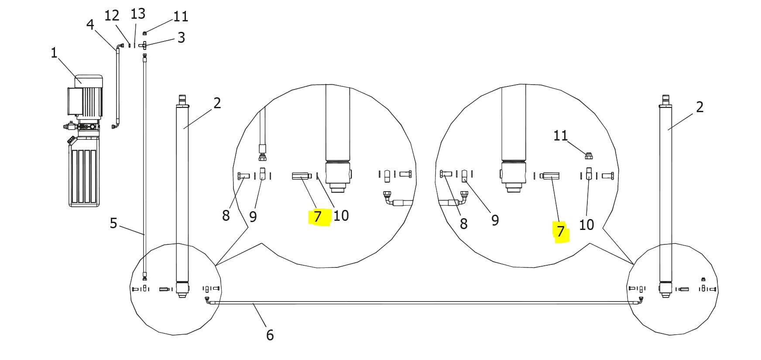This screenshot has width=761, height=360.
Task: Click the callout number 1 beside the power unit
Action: [54, 53]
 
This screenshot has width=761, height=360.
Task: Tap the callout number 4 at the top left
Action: [90, 24]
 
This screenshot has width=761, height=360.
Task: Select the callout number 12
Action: [112, 15]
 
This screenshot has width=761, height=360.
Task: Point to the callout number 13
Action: [138, 14]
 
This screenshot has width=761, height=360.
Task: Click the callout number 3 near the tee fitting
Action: [181, 38]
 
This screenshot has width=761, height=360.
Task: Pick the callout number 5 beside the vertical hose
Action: [113, 223]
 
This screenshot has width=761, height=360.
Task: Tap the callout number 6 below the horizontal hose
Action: [270, 335]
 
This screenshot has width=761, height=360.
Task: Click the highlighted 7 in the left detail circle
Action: [317, 216]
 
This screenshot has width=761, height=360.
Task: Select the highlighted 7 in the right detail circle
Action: [561, 231]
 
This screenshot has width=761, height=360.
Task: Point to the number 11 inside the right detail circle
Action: [561, 136]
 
